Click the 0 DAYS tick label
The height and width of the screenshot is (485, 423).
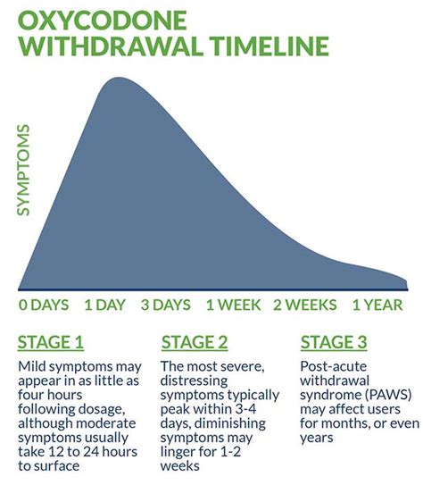[x=44, y=305]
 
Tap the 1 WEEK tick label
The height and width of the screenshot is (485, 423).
[x=235, y=305]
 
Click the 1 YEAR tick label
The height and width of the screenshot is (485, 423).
[x=377, y=305]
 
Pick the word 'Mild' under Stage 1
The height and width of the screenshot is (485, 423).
[x=32, y=368]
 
